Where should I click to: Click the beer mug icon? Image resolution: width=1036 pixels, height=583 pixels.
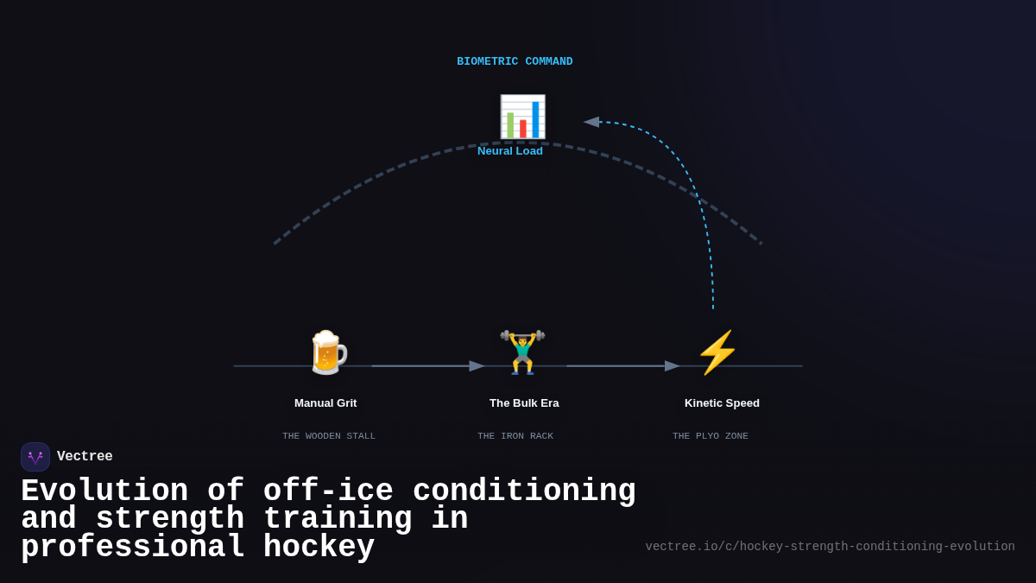point(327,352)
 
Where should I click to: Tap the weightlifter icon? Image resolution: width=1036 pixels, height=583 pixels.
point(522,352)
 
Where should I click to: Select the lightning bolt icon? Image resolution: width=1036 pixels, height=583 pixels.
point(717,352)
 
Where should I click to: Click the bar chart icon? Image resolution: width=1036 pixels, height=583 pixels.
point(522,117)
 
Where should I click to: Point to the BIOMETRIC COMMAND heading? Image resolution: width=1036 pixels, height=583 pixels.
point(515,61)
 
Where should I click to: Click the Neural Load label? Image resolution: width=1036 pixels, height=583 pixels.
point(510,151)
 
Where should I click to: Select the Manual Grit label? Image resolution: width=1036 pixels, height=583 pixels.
point(325,403)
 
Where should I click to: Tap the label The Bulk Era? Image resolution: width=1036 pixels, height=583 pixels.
point(524,403)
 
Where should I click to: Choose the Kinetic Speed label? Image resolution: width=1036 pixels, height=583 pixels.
point(722,403)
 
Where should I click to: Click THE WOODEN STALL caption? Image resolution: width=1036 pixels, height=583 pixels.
point(329,436)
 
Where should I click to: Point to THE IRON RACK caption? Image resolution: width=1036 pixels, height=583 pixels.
point(515,436)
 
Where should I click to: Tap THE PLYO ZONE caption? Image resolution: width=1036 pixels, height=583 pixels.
point(711,436)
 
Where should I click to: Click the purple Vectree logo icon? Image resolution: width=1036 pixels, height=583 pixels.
point(35,457)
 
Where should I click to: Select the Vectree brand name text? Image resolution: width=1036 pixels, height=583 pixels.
point(85,457)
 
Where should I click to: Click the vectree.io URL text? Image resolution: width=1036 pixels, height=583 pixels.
point(830,547)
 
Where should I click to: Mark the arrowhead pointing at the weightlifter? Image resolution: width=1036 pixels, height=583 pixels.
point(477,366)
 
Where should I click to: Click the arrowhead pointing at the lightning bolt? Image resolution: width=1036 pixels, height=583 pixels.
point(673,366)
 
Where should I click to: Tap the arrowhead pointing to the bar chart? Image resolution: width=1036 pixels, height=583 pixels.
point(591,122)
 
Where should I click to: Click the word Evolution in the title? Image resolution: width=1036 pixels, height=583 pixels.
point(104,491)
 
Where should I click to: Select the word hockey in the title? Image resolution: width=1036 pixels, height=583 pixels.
point(319,548)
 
